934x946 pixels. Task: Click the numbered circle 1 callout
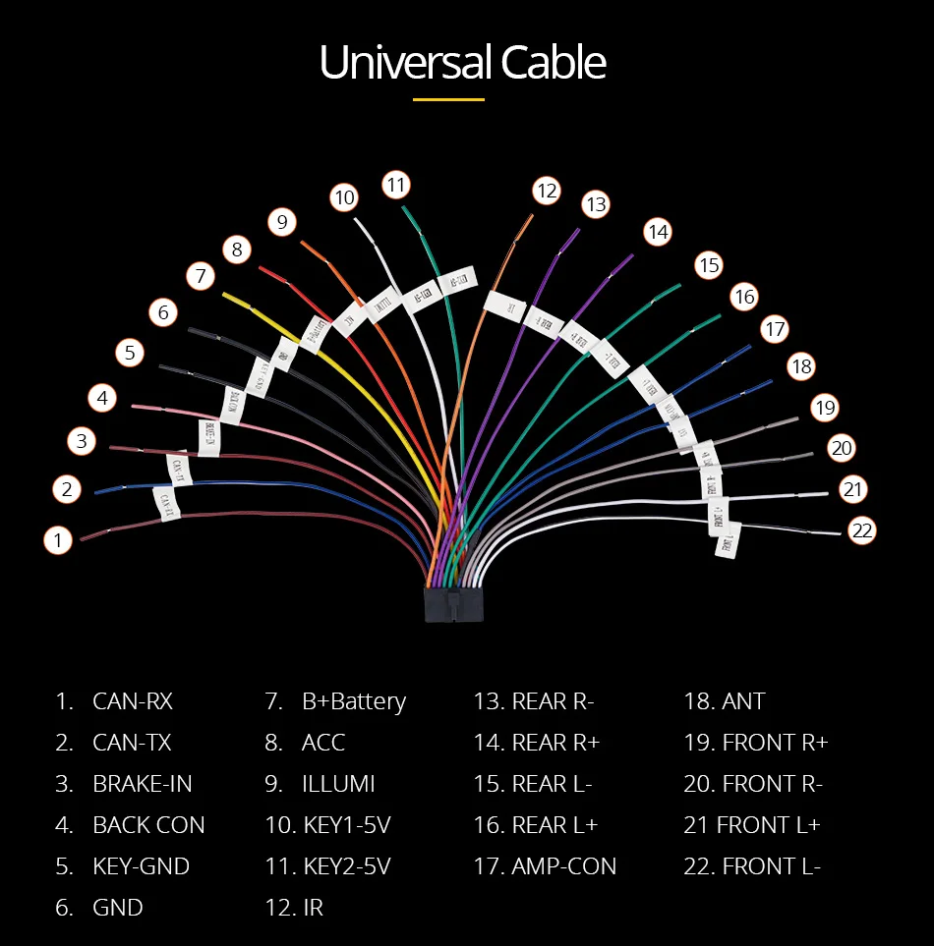coord(58,539)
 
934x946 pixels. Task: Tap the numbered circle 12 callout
coord(547,191)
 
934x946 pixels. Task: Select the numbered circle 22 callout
coord(862,531)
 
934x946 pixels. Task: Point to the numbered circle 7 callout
coord(201,276)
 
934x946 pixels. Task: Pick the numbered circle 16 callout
coord(744,297)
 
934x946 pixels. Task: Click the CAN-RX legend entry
coord(132,701)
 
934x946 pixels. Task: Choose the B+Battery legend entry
coord(353,701)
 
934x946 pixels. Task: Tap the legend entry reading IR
coord(312,908)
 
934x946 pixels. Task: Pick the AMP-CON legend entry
coord(563,866)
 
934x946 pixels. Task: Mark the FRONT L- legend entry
coord(771,866)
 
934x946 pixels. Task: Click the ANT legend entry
coord(742,701)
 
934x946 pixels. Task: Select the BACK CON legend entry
coord(148,825)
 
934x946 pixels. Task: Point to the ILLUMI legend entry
coord(337,784)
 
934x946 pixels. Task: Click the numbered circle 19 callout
coord(824,407)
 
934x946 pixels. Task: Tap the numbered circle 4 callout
coord(102,398)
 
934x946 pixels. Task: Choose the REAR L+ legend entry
coord(554,825)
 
